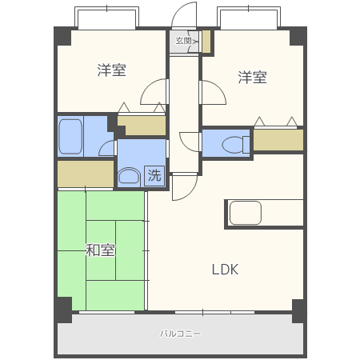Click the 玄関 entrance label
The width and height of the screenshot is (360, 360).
point(183,41)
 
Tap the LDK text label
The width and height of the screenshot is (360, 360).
point(225,270)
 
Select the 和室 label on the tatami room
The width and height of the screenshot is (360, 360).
point(100,250)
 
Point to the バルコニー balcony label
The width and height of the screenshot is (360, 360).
point(180,334)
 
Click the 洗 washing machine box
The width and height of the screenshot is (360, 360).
point(154,175)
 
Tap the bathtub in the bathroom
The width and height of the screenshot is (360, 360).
point(70,136)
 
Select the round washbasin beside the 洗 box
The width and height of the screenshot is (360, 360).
point(129,176)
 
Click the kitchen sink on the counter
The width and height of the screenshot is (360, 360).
point(246,213)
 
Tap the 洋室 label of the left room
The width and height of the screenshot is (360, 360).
point(111,70)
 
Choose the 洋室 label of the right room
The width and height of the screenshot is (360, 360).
point(252,77)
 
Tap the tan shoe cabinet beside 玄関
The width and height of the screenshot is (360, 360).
point(206,42)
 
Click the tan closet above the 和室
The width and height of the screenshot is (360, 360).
point(86,174)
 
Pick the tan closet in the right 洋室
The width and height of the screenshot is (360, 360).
point(278,140)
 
